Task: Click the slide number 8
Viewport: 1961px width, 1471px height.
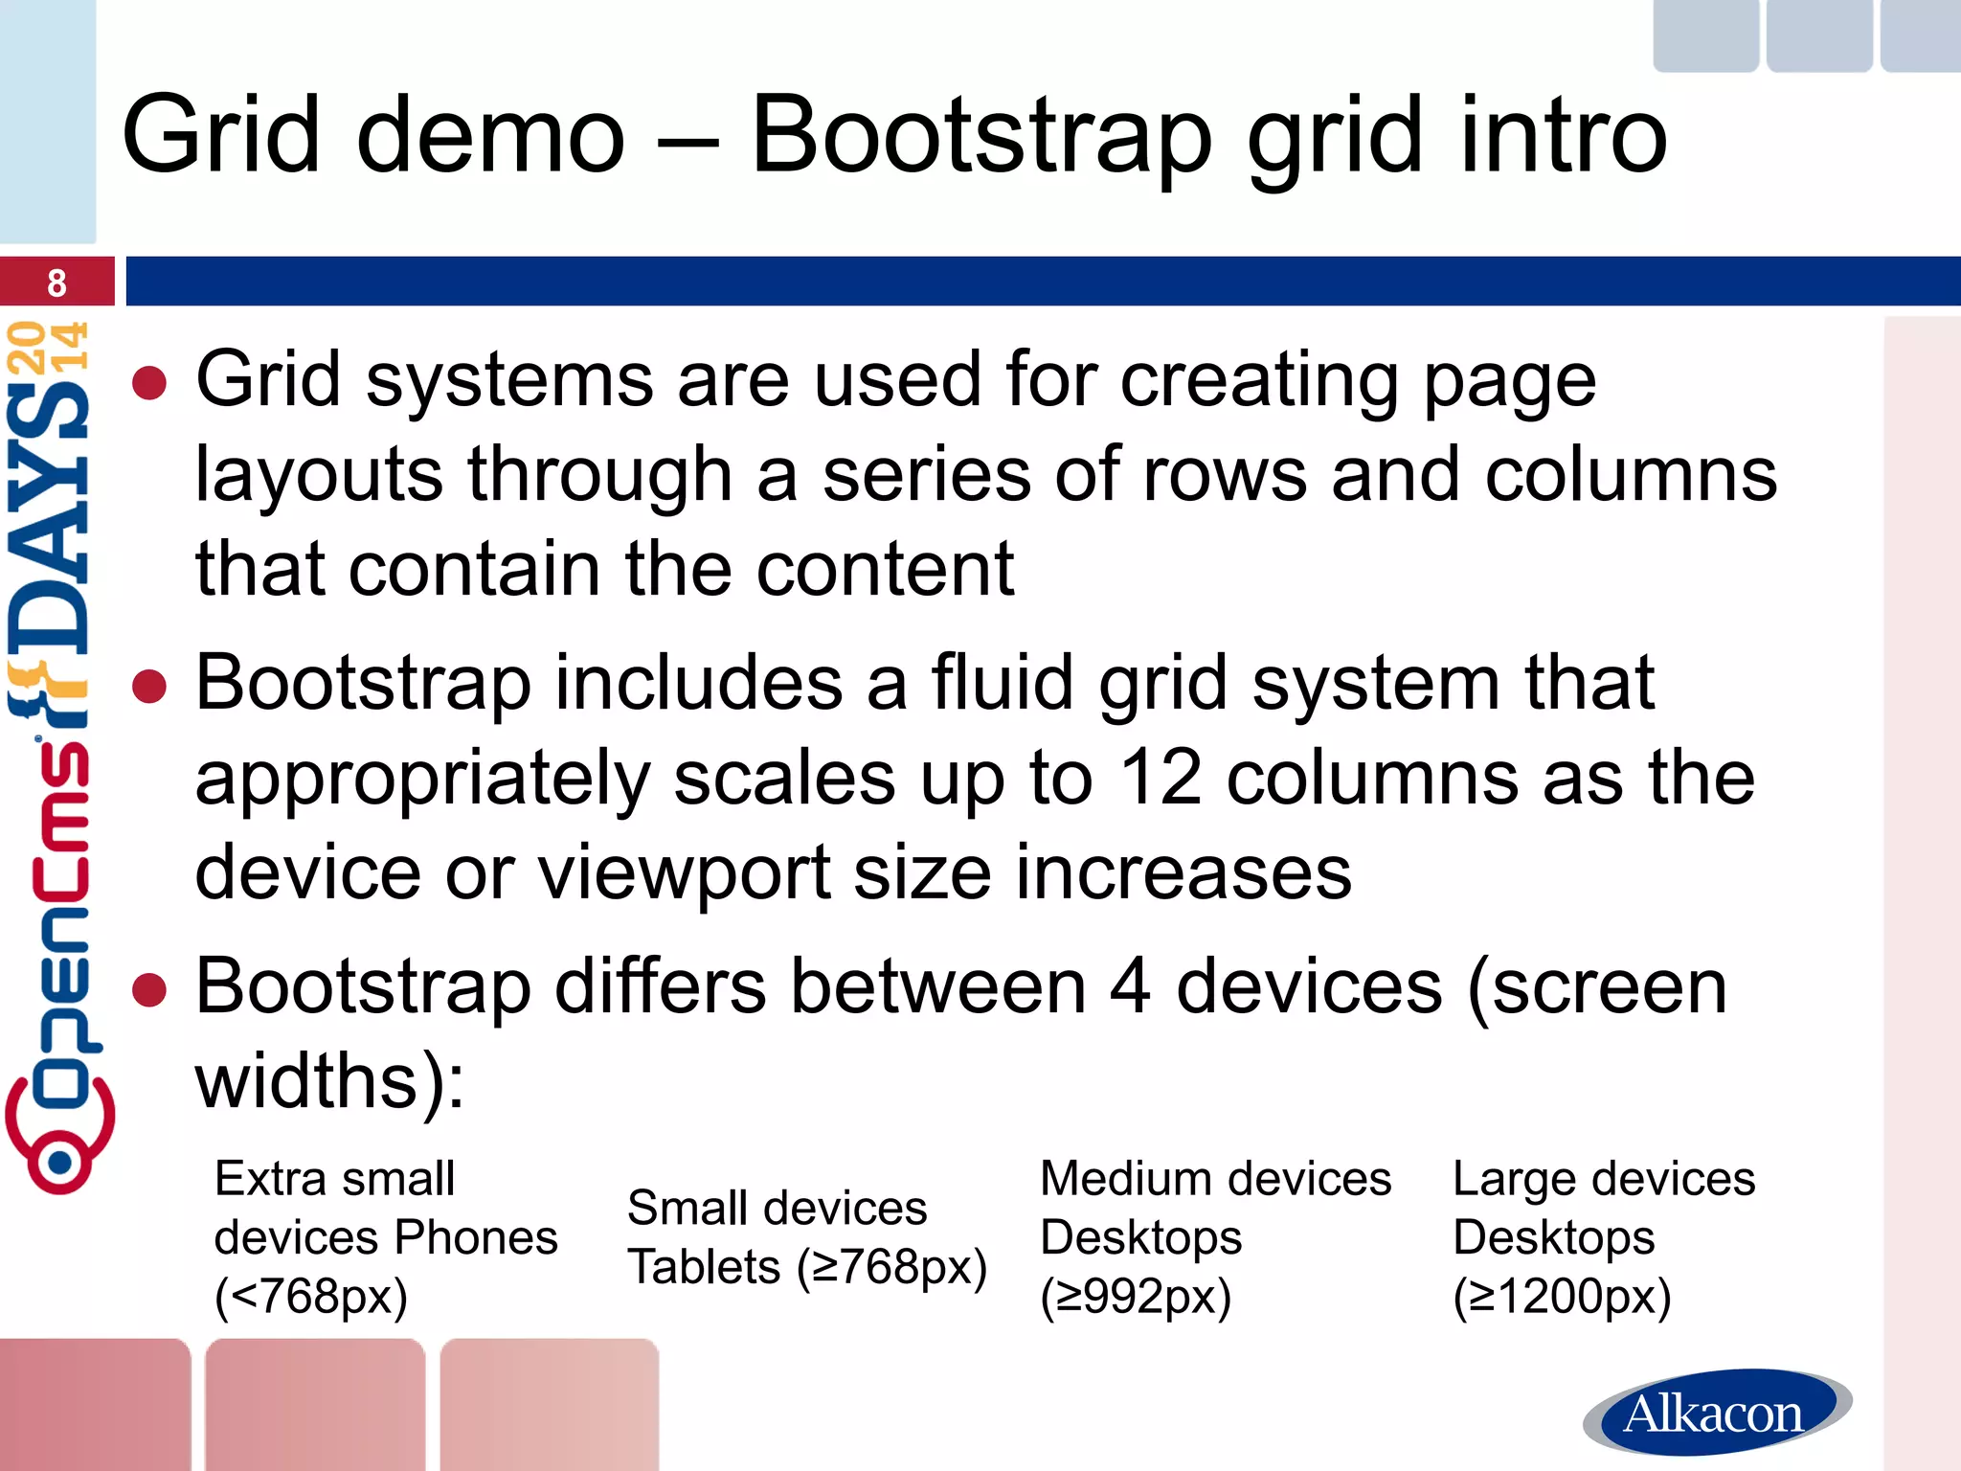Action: pos(56,283)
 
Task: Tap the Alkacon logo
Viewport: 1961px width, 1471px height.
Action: pos(1716,1413)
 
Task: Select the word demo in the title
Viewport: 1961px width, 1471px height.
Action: pos(490,136)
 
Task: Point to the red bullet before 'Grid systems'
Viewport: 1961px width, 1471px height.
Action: pos(149,383)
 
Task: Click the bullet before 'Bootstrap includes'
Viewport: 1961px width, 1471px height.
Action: pos(149,686)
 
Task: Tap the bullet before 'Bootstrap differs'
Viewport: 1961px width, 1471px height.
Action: pos(149,990)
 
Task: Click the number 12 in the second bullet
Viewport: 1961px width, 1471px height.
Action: pos(1160,778)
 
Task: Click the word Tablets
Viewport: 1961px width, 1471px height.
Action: pos(704,1267)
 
